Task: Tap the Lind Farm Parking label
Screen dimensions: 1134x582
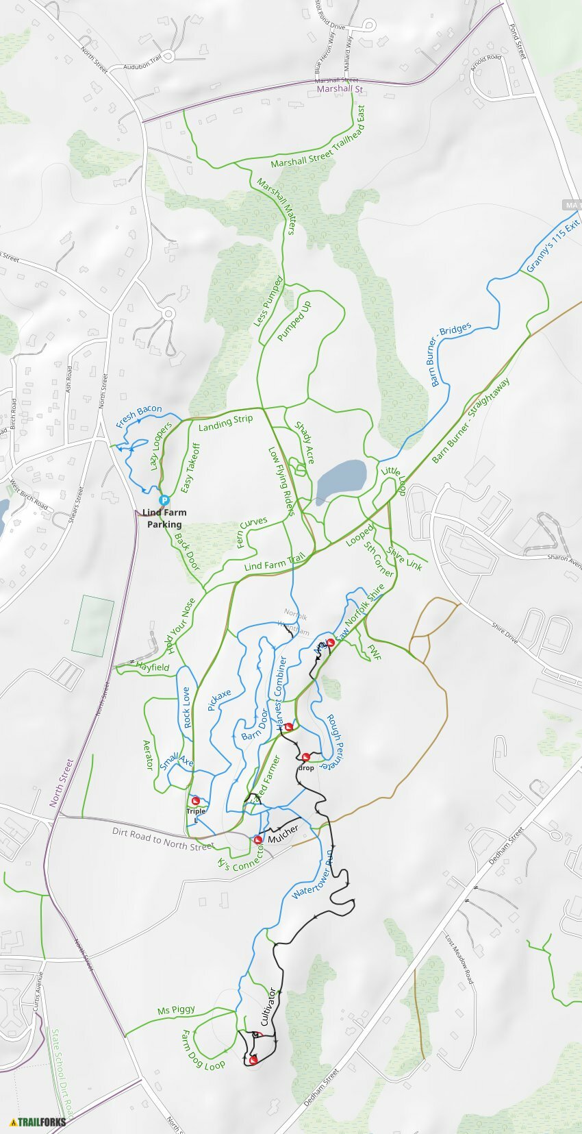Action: [x=164, y=518]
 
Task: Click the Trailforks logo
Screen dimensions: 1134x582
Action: [x=38, y=1122]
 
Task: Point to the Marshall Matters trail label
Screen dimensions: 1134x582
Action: [x=276, y=206]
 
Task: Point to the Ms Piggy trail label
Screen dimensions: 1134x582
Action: [x=176, y=1009]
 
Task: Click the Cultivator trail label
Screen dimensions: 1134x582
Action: [x=268, y=1006]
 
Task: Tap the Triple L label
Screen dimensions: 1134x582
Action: [x=196, y=815]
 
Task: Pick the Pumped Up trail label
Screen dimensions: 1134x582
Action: [x=294, y=321]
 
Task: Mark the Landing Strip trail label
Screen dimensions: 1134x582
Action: [x=225, y=423]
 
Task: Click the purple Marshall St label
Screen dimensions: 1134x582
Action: [x=340, y=89]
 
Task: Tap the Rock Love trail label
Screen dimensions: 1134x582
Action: [x=187, y=708]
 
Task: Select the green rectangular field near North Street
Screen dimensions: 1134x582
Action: [x=93, y=625]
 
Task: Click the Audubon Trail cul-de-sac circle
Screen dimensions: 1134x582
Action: [x=169, y=56]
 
